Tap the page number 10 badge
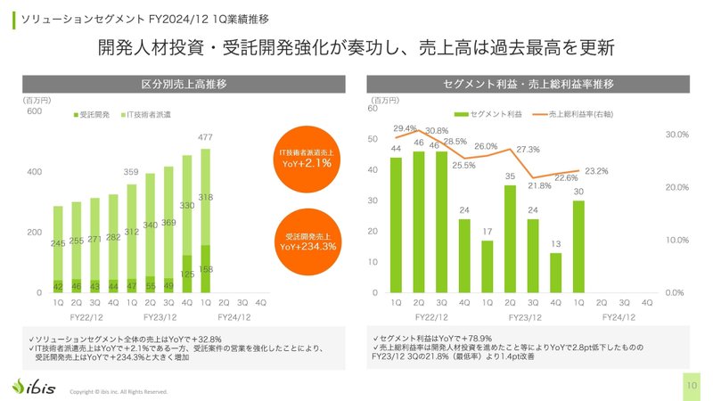(x=693, y=385)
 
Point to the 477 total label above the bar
(x=205, y=137)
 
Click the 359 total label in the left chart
(x=132, y=172)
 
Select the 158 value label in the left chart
(x=205, y=268)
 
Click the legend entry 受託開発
(x=94, y=115)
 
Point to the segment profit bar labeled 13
(x=555, y=273)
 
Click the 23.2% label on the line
(x=596, y=170)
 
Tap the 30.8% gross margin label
(x=437, y=131)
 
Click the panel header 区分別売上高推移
(x=184, y=85)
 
